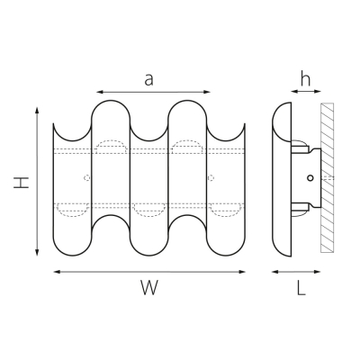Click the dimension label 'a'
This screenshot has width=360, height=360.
click(148, 79)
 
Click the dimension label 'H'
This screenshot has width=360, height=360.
click(22, 183)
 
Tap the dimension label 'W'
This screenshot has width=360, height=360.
click(149, 287)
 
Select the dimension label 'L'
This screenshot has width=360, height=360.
click(301, 288)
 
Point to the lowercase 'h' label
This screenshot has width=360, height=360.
click(306, 79)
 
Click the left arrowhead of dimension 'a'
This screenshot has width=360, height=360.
click(99, 92)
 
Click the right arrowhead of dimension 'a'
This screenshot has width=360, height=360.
click(207, 92)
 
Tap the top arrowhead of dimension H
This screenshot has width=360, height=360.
click(37, 110)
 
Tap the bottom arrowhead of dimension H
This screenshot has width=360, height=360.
click(37, 253)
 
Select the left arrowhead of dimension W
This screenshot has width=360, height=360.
click(57, 272)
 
